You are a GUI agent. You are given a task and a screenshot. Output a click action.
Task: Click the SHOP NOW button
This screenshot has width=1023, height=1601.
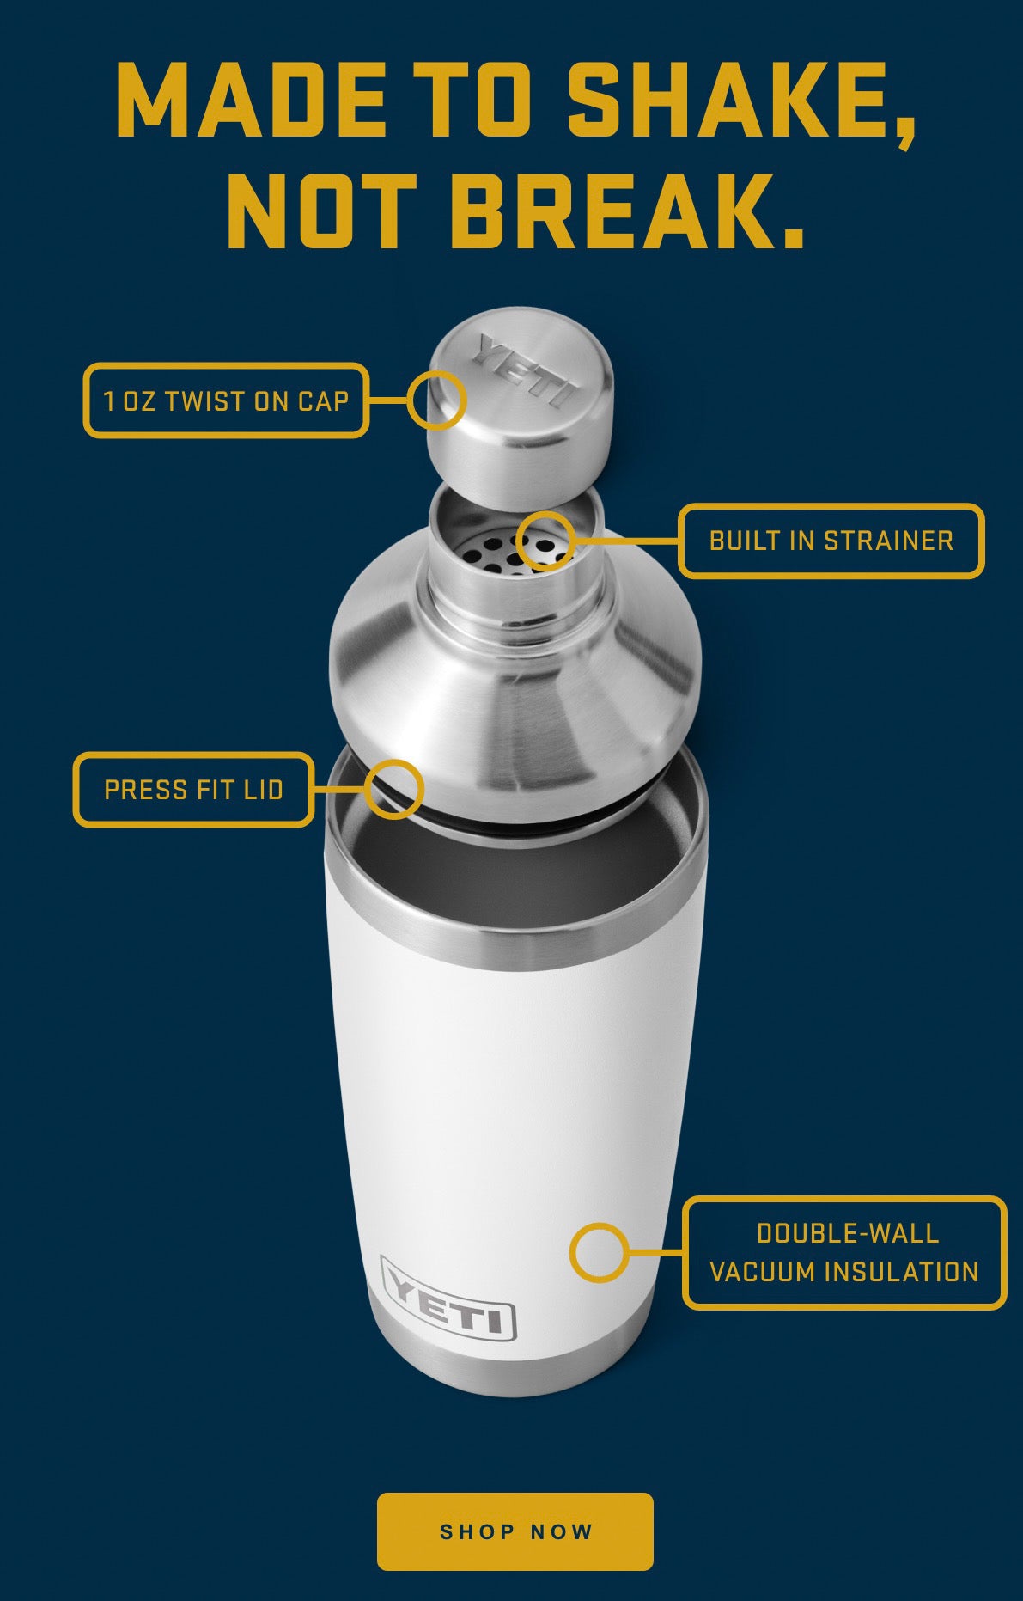click(515, 1531)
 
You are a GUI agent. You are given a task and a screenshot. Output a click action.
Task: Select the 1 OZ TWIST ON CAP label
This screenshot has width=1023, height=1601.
click(226, 400)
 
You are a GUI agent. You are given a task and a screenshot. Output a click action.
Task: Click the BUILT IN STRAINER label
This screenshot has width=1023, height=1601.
click(831, 541)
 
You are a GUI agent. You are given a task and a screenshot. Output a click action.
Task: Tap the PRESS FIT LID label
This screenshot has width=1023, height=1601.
click(193, 790)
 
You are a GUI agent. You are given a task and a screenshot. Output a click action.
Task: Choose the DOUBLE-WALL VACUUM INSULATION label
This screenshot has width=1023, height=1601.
click(844, 1252)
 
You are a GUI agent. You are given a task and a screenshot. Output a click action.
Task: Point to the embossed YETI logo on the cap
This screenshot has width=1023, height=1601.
click(526, 370)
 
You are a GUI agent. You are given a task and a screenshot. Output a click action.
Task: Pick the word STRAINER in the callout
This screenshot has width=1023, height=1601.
click(889, 541)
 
